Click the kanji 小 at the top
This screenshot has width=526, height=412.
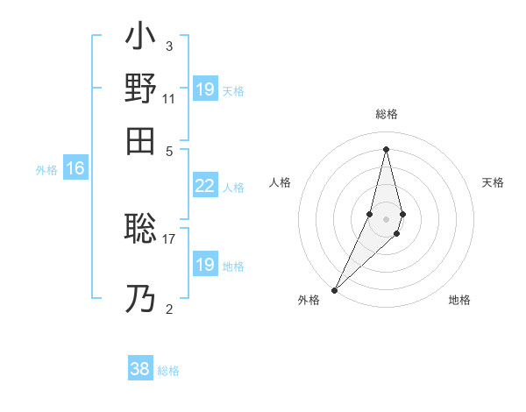coord(141,38)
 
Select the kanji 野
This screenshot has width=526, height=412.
coord(141,89)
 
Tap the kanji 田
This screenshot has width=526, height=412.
coord(141,140)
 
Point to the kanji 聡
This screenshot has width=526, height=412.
coord(141,230)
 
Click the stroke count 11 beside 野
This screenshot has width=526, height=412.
coord(169,99)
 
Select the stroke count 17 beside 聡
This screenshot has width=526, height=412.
coord(169,238)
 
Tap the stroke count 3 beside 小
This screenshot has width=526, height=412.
coord(169,46)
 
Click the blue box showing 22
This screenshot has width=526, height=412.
coord(204,186)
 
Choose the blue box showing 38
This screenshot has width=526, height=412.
coord(140,369)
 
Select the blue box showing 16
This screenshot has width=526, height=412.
coord(75,169)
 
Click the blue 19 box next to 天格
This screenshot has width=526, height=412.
coord(204,89)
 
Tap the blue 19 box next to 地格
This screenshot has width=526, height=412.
coord(204,265)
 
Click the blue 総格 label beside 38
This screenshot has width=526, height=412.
coord(169,371)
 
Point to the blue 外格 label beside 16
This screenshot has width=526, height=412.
coord(46,170)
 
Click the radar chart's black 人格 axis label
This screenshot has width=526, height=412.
coord(281,182)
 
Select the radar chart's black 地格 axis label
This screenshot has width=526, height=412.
coord(459,300)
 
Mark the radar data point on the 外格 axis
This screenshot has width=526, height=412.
coord(335,290)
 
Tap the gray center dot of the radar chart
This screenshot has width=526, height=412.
coord(387,219)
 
